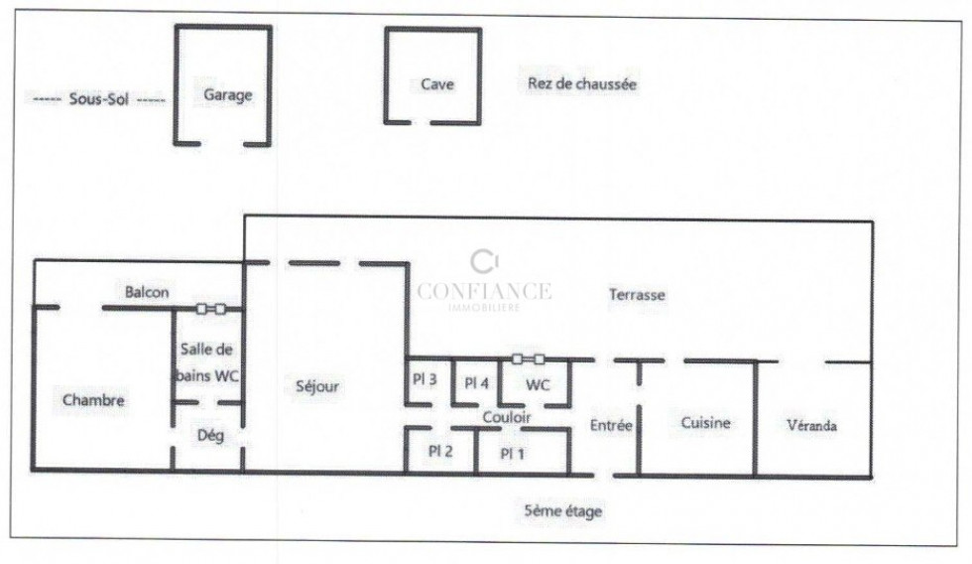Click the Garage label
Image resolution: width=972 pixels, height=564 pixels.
pos(228,95)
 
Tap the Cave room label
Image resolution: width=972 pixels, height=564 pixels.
pos(436,84)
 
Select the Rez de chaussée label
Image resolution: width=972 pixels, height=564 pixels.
pos(582,84)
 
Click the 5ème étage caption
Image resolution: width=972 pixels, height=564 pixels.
pos(562,511)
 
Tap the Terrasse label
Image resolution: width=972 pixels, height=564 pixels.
pos(636,295)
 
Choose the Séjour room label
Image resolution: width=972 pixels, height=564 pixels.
pos(317,386)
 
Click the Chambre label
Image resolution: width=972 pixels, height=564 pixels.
pos(93,400)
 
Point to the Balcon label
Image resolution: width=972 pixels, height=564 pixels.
pos(147,293)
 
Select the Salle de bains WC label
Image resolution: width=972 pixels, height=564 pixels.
pos(209,362)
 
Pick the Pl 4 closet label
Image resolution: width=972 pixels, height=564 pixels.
pos(477,382)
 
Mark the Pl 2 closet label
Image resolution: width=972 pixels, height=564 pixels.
pos(440,450)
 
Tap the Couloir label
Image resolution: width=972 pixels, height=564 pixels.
pos(507,418)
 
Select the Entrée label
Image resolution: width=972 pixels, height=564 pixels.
pos(611,425)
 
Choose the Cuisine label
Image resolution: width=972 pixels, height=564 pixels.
pos(705,423)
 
